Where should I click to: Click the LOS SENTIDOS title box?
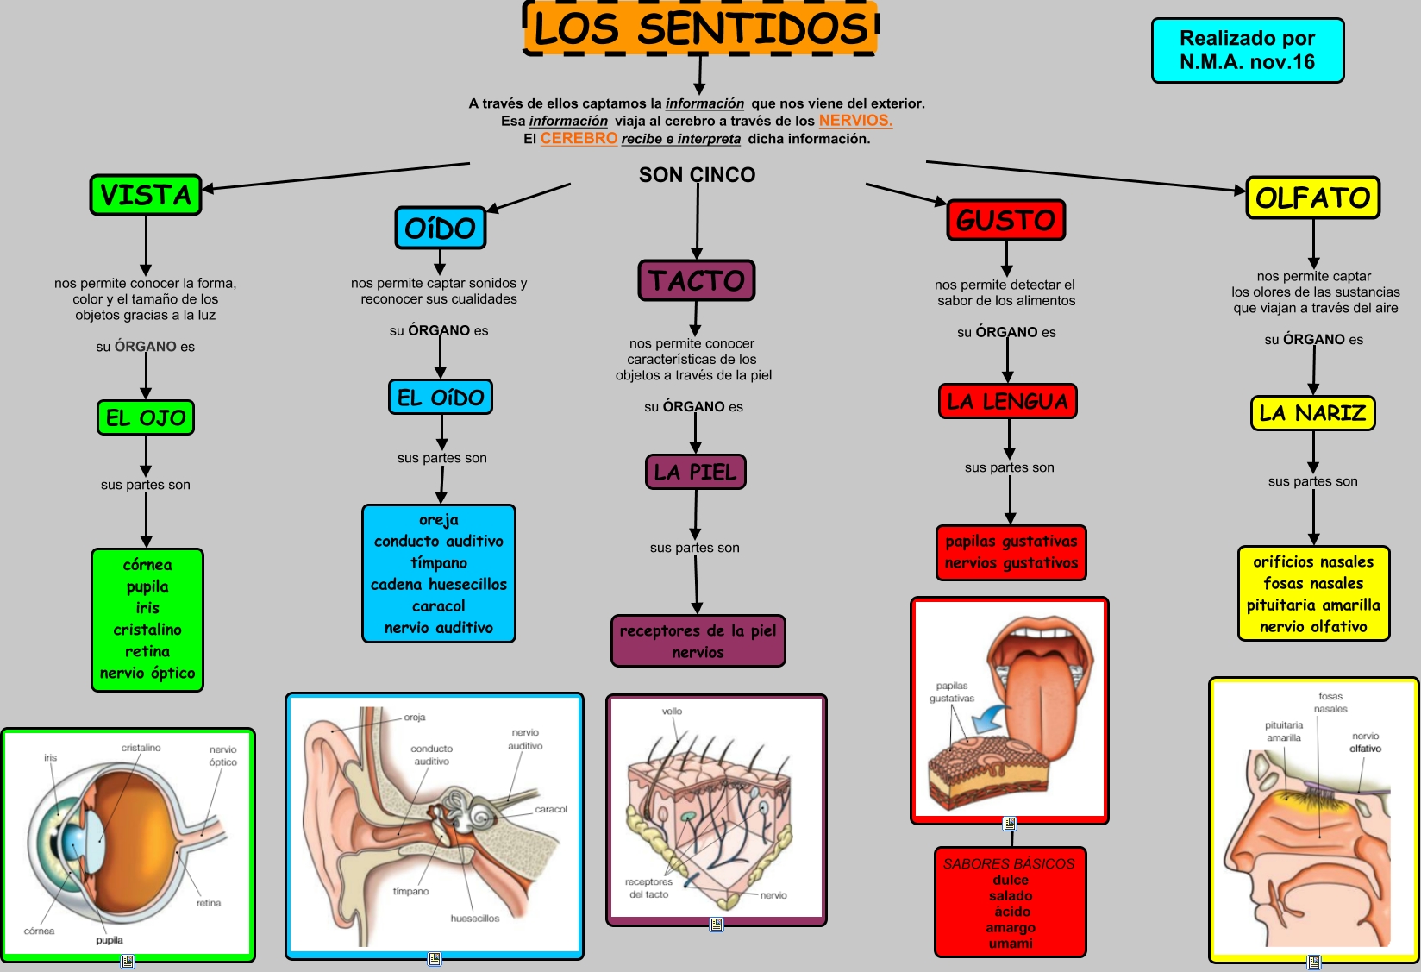[700, 28]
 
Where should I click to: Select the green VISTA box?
[146, 195]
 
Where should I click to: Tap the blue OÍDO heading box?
[440, 228]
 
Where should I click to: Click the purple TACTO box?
[697, 280]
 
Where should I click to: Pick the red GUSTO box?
[1005, 220]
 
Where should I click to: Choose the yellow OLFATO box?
[1312, 198]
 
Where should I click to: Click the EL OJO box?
[146, 417]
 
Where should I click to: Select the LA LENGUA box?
[1007, 401]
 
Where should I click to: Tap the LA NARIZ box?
[1312, 412]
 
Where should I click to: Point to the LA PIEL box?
[695, 472]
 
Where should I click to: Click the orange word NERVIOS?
[854, 121]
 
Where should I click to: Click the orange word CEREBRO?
[579, 138]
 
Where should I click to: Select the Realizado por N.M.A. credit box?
[1247, 50]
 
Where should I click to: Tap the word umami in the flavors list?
[1011, 944]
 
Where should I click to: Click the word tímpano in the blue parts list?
[439, 562]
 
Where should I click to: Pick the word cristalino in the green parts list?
[147, 630]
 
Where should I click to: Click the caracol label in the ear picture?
[550, 809]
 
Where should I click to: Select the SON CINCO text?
[697, 175]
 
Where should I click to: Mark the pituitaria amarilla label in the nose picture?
[1284, 731]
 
